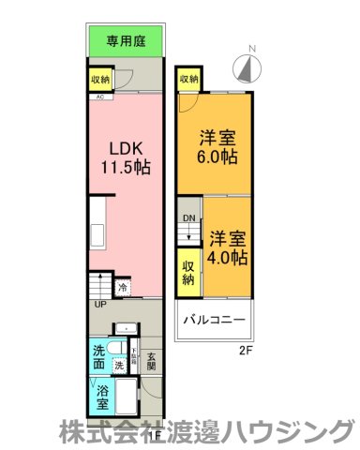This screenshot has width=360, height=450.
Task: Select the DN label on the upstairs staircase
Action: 188,219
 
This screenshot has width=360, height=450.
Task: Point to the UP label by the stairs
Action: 99,304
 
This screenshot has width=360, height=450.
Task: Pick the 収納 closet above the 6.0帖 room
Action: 188,79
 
